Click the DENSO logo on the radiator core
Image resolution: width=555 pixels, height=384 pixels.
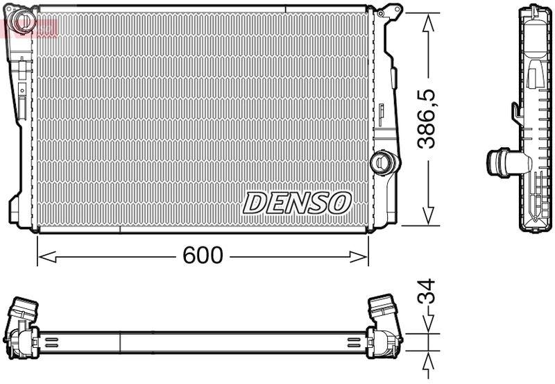point(297,203)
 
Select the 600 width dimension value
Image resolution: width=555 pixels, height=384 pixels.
point(203,256)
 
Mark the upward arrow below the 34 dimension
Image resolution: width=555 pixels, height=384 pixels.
point(429,362)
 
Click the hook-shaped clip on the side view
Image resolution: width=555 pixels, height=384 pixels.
point(517,111)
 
